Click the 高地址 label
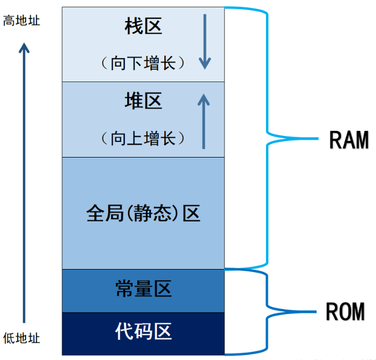(x=22, y=21)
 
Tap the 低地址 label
(x=22, y=338)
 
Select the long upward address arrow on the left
(x=24, y=183)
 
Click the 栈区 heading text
(x=143, y=26)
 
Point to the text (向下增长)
(x=143, y=62)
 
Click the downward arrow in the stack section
(x=205, y=42)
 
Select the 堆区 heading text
(x=143, y=101)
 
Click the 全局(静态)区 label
(x=143, y=214)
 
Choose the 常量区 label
(x=143, y=289)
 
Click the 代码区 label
(x=143, y=332)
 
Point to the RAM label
(x=349, y=140)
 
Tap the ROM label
(x=345, y=312)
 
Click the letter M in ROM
(x=358, y=312)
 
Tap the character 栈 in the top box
(x=134, y=26)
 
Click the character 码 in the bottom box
(x=143, y=332)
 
